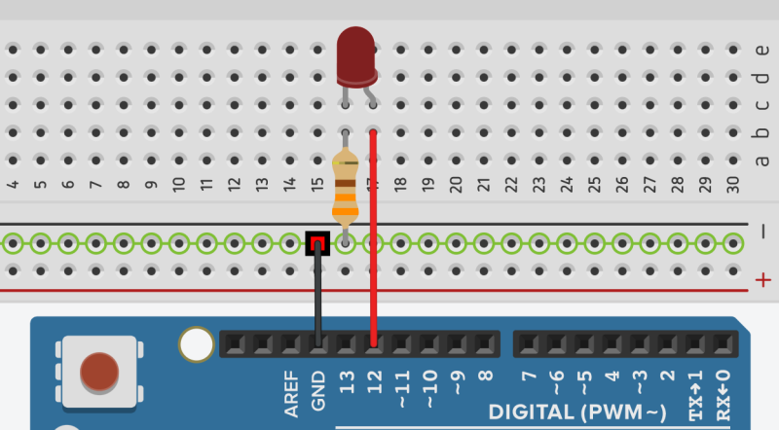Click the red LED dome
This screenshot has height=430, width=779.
(356, 54)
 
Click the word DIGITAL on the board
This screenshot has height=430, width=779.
(535, 412)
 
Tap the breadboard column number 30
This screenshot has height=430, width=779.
(733, 183)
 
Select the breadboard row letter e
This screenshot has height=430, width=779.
(762, 50)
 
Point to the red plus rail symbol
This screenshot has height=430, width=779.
(762, 281)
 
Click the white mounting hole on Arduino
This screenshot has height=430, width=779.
(196, 343)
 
